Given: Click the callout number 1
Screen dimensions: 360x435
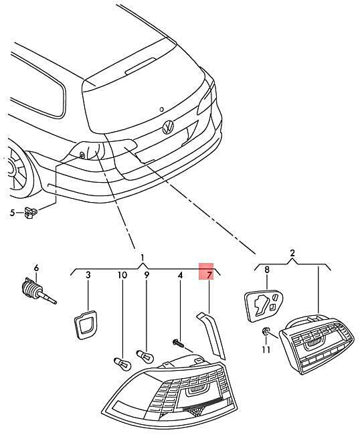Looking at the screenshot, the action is pos(143,258).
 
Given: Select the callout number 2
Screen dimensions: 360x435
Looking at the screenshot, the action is pos(292,253).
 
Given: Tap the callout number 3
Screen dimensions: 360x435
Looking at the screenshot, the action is pos(88,275).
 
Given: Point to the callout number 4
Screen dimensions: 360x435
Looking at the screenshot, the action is pos(180,276).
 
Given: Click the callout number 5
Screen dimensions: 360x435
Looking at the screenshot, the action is pos(12,213).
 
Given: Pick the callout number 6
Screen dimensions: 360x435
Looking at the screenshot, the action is pos(36,268).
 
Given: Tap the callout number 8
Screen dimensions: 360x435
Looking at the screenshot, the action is pos(267,270).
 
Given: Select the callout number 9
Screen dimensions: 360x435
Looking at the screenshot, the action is pos(147,275).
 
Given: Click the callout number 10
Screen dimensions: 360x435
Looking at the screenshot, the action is pos(122,275).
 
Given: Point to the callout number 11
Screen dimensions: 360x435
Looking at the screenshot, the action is pos(266,350).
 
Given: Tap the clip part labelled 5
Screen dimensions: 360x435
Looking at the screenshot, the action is pos(31,212).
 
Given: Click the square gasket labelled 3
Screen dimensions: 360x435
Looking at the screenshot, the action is pos(86,325).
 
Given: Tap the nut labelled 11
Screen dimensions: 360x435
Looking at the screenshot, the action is pos(265,331).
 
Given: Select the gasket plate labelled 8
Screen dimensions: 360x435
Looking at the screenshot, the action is pos(264,305).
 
